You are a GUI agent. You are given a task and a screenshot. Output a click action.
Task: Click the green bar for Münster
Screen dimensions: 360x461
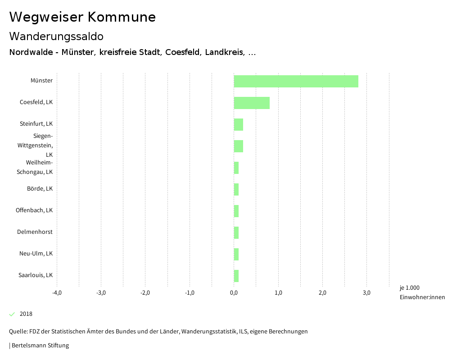(x=296, y=81)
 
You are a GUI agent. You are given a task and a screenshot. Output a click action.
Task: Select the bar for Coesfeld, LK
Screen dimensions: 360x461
(x=252, y=103)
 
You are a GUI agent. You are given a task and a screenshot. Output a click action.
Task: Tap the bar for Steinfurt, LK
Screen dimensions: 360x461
(x=238, y=124)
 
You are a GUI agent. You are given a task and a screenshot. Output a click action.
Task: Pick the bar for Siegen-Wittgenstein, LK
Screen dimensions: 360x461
(x=238, y=146)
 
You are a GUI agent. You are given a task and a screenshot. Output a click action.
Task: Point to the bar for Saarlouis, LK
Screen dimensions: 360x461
(x=236, y=276)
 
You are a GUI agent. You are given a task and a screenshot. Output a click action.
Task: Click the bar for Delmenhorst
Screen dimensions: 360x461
(x=236, y=232)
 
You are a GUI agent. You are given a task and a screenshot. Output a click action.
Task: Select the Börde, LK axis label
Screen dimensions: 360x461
(x=40, y=188)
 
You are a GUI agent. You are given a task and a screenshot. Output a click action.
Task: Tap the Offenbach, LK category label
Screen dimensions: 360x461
(x=34, y=210)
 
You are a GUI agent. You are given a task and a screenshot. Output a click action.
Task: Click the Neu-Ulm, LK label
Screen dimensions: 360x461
(x=36, y=253)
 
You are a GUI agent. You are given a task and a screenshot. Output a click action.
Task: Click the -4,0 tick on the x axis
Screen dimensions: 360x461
(x=57, y=293)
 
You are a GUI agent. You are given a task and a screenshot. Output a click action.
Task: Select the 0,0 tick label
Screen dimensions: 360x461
(x=234, y=293)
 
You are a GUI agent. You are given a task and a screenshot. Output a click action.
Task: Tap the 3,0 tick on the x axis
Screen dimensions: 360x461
(x=366, y=293)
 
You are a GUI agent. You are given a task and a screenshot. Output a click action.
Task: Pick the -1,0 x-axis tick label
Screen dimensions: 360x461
(x=190, y=293)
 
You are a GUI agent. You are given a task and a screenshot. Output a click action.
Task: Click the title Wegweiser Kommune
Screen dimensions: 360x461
(x=82, y=17)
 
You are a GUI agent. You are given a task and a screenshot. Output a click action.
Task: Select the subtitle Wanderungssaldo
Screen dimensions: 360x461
(x=56, y=36)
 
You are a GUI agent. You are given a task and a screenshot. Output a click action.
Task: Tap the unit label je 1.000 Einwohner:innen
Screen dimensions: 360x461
(x=422, y=292)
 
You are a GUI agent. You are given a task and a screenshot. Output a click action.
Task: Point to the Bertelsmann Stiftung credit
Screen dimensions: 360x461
(x=40, y=346)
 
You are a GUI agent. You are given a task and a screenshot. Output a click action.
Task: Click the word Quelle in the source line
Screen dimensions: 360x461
(x=18, y=332)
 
